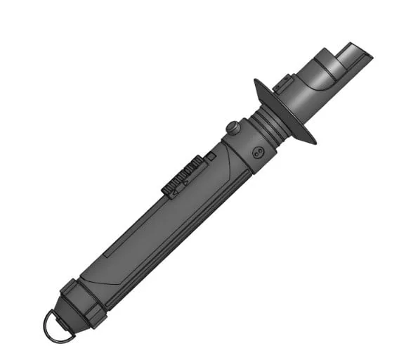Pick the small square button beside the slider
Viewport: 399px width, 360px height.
click(x=209, y=155)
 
